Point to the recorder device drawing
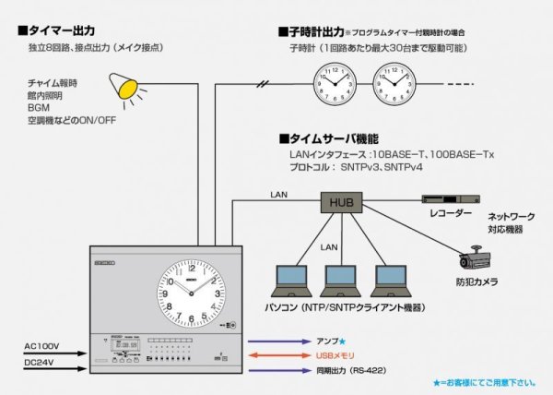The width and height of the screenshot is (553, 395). [452, 198]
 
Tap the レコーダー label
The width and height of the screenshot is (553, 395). [451, 214]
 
